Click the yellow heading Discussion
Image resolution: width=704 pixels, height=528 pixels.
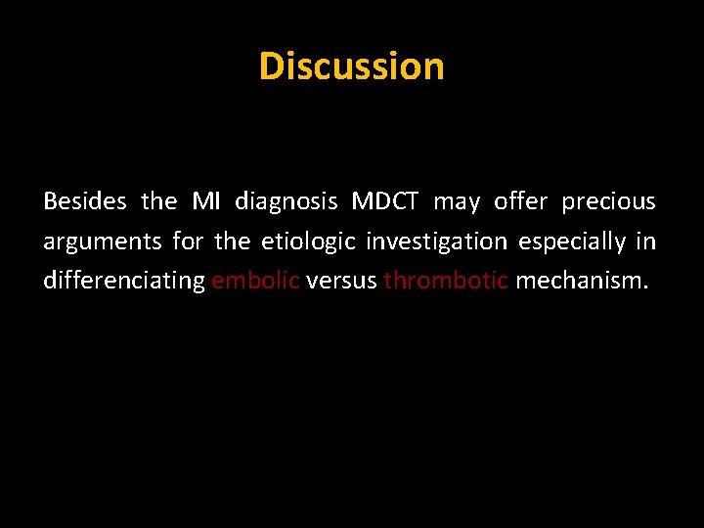pyautogui.click(x=351, y=66)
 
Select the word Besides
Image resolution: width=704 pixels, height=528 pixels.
pyautogui.click(x=85, y=201)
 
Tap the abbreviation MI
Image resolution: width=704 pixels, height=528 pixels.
pyautogui.click(x=206, y=201)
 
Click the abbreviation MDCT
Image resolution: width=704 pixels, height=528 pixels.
pyautogui.click(x=385, y=201)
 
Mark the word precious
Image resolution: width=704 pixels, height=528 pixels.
pyautogui.click(x=608, y=202)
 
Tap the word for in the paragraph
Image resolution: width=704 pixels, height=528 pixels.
pyautogui.click(x=188, y=242)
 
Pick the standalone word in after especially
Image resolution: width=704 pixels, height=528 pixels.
pyautogui.click(x=646, y=242)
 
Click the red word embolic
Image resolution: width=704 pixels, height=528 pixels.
pyautogui.click(x=255, y=282)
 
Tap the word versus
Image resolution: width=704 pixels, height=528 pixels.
pyautogui.click(x=341, y=282)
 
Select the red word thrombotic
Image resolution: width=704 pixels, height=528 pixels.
pyautogui.click(x=446, y=282)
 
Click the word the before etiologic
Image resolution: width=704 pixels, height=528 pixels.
pyautogui.click(x=233, y=242)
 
